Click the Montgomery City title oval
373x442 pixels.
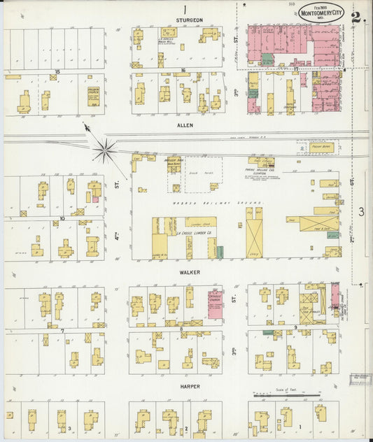click(x=321, y=12)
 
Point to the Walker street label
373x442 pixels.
click(x=189, y=272)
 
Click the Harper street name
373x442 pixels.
click(x=189, y=386)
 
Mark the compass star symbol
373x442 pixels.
click(x=105, y=148)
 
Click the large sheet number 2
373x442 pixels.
click(x=357, y=17)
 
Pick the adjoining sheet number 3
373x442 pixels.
click(x=362, y=212)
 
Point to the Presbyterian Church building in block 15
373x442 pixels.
click(x=93, y=96)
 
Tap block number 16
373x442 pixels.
click(x=182, y=71)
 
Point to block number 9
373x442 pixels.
click(x=295, y=327)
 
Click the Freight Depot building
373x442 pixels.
click(x=321, y=148)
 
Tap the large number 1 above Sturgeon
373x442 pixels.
click(x=185, y=9)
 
